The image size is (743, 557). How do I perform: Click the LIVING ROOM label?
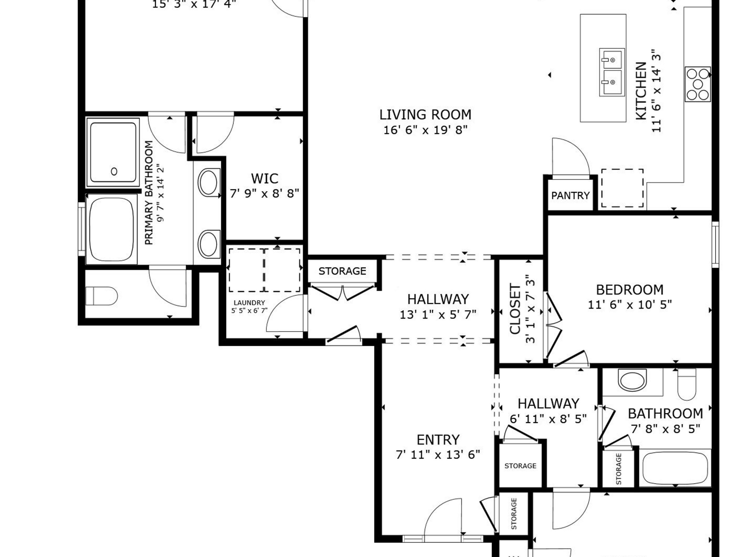[425, 115]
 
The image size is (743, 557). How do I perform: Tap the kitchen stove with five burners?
[698, 84]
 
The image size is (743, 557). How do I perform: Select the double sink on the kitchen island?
[612, 72]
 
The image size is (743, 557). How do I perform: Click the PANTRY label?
[570, 195]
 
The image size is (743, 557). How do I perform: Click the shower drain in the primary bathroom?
[114, 172]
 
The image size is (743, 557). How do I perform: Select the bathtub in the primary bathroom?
[111, 229]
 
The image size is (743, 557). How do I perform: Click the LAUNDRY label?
[249, 303]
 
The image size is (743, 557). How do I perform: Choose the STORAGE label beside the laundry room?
[342, 271]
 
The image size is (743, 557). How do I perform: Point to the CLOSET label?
[515, 309]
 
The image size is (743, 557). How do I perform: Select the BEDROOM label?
[630, 289]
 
